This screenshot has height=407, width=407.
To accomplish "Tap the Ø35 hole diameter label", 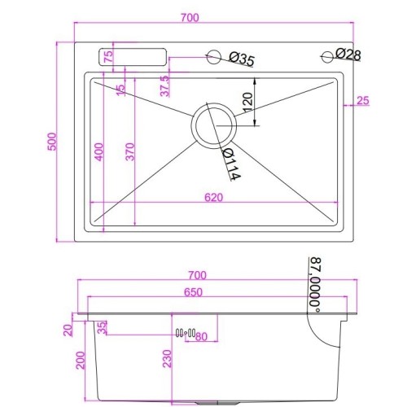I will (242, 59).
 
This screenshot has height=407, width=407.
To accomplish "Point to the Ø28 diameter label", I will (348, 55).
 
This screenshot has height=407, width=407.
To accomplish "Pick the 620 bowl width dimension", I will (214, 196).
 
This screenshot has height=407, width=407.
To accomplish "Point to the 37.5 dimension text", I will (164, 85).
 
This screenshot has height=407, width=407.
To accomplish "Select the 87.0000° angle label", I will (313, 282).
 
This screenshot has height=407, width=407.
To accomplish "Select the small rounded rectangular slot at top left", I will (133, 58).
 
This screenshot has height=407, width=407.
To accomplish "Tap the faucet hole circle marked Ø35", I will (214, 57).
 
